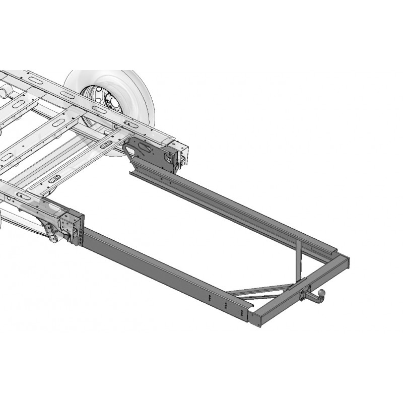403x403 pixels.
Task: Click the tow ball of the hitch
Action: [321, 292]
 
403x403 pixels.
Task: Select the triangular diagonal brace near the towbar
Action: [262, 291]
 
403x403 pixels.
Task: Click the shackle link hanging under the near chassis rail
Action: [50, 234]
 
